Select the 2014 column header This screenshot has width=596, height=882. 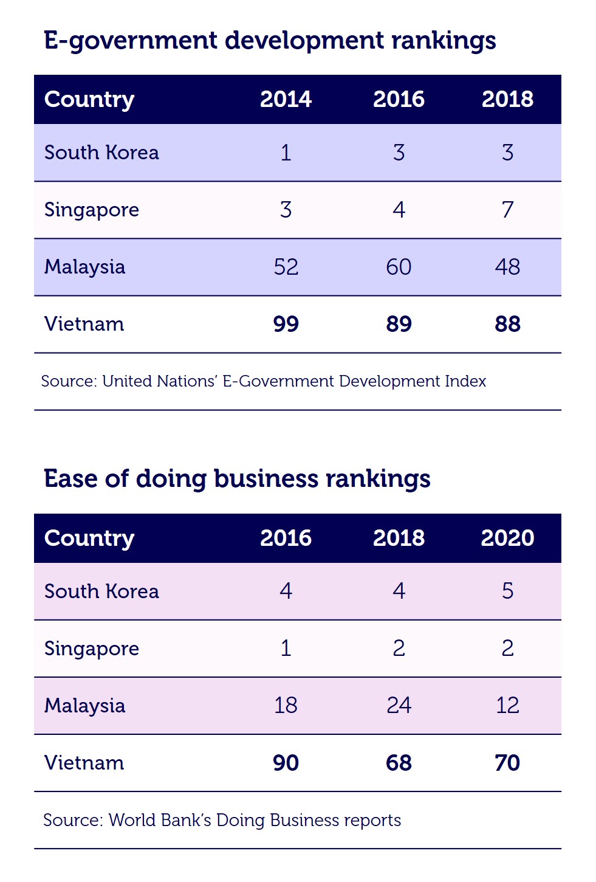[286, 99]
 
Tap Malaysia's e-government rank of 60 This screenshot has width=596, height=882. [399, 267]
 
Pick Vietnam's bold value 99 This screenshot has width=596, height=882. [286, 324]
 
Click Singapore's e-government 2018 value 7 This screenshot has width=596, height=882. [507, 210]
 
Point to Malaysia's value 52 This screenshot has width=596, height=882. [286, 267]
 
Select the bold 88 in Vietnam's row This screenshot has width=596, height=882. [507, 324]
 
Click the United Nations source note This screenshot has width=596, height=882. [264, 381]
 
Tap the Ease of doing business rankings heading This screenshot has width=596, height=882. [237, 479]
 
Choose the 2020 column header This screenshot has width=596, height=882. [507, 538]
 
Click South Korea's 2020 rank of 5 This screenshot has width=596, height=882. [507, 591]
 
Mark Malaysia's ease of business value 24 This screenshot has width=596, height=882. [399, 705]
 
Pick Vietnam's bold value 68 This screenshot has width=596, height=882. [399, 763]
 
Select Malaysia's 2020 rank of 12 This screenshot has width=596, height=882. [507, 705]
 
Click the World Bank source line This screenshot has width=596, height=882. [222, 820]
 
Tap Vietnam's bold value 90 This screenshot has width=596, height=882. [286, 763]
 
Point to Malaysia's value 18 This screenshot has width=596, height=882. [286, 705]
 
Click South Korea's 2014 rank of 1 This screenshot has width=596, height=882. [286, 153]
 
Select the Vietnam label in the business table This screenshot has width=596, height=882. [84, 763]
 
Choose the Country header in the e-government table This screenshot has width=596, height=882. [89, 99]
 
